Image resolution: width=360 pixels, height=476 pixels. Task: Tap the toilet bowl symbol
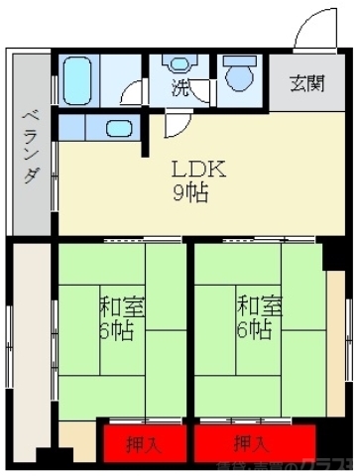point(238,76)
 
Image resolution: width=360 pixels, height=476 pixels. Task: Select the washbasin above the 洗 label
point(180,63)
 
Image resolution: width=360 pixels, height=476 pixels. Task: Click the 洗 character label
point(180,88)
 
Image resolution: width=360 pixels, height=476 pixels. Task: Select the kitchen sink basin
point(117,129)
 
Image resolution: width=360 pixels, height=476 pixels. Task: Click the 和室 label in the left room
point(122,304)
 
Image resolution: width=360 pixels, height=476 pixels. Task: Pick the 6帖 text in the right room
point(254,329)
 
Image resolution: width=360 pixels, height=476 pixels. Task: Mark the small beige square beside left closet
point(76,437)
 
